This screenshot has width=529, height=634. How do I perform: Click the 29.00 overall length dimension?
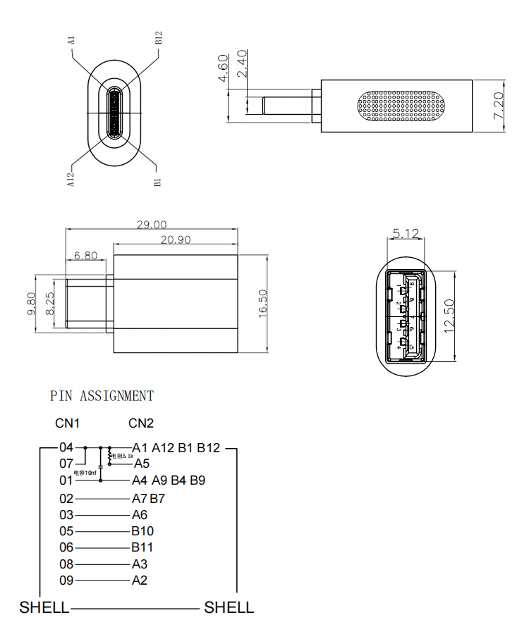point(152,224)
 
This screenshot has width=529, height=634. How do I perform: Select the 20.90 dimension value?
point(176,240)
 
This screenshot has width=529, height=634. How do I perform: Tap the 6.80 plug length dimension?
point(86,256)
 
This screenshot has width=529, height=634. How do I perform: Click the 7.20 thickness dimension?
point(499,105)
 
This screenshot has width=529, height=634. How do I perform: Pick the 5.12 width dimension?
point(406,234)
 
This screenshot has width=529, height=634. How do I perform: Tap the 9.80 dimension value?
point(31,304)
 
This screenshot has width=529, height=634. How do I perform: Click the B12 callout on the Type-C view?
point(159,38)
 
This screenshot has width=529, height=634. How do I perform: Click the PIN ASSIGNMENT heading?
point(102,396)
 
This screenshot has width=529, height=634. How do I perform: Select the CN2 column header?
point(141,423)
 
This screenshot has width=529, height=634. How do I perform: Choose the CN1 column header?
point(68,423)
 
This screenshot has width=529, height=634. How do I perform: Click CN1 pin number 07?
point(66,464)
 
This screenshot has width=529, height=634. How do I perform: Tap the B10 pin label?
point(142,531)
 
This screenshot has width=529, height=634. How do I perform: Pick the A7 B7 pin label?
point(148,498)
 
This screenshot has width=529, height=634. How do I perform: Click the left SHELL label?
point(44,607)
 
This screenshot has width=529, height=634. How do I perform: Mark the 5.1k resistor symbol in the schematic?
point(109,456)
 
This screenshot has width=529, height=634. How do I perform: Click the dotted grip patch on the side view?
point(403,106)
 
